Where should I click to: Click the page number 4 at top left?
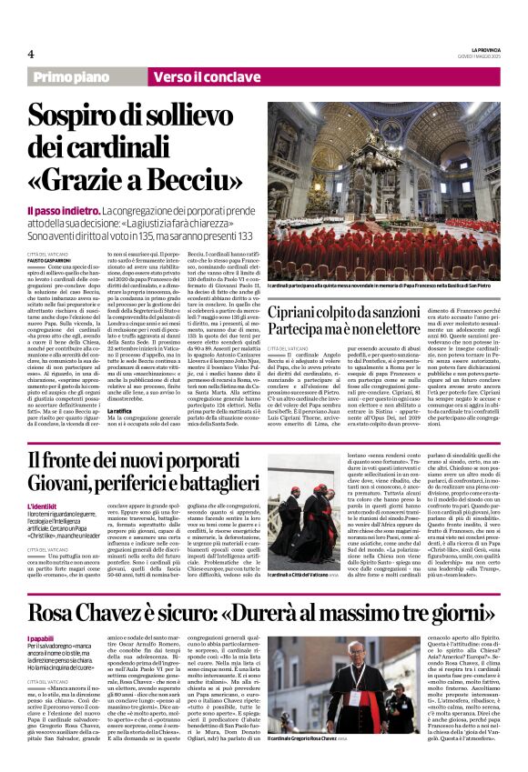[x=31, y=54]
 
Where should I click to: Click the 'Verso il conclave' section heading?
[x=195, y=78]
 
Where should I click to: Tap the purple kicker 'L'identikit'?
[x=42, y=504]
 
